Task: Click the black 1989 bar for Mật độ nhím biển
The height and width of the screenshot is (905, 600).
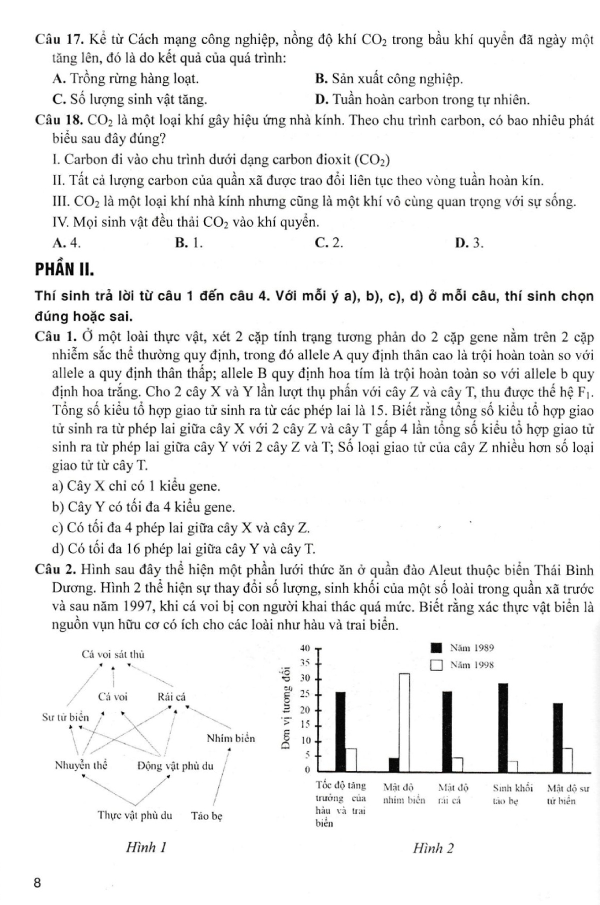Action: (x=394, y=764)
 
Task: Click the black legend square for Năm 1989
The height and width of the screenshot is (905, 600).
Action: (x=436, y=648)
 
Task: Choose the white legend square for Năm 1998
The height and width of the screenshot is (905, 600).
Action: (x=436, y=665)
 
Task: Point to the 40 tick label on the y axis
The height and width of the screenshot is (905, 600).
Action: (x=305, y=647)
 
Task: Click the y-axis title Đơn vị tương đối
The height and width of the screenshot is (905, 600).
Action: (x=286, y=707)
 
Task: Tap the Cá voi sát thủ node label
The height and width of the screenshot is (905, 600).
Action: (x=113, y=655)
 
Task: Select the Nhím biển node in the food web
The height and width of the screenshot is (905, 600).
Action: (x=231, y=738)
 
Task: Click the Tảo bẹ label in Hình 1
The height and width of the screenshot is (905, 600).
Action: (x=207, y=816)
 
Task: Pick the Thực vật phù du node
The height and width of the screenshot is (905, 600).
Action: (x=135, y=815)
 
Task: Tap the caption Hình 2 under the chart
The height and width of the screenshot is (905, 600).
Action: (x=433, y=848)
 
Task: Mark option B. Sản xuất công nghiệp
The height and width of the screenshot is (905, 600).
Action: (x=389, y=78)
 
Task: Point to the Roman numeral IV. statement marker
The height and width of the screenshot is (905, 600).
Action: (x=61, y=222)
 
